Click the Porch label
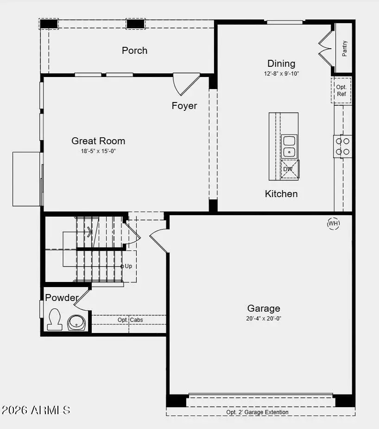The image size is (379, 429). pyautogui.click(x=134, y=50)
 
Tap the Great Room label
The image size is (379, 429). pyautogui.click(x=98, y=141)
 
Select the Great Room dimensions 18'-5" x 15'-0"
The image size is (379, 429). pyautogui.click(x=98, y=151)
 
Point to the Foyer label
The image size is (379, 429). pyautogui.click(x=184, y=106)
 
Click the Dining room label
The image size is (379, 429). pyautogui.click(x=281, y=64)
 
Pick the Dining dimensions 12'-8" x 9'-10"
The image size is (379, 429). pyautogui.click(x=281, y=74)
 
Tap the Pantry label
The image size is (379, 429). pyautogui.click(x=345, y=48)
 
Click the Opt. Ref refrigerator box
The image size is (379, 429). pyautogui.click(x=341, y=90)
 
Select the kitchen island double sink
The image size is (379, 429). pyautogui.click(x=289, y=146)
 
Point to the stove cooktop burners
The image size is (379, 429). pyautogui.click(x=343, y=146)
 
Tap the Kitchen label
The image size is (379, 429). pyautogui.click(x=281, y=193)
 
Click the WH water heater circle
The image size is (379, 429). pyautogui.click(x=334, y=224)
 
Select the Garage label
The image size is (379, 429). pyautogui.click(x=264, y=308)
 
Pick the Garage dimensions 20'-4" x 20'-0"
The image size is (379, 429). pyautogui.click(x=264, y=319)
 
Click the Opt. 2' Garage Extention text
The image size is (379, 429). pyautogui.click(x=257, y=412)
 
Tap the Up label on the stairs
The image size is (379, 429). pyautogui.click(x=128, y=266)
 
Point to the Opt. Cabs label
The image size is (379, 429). pyautogui.click(x=130, y=320)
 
